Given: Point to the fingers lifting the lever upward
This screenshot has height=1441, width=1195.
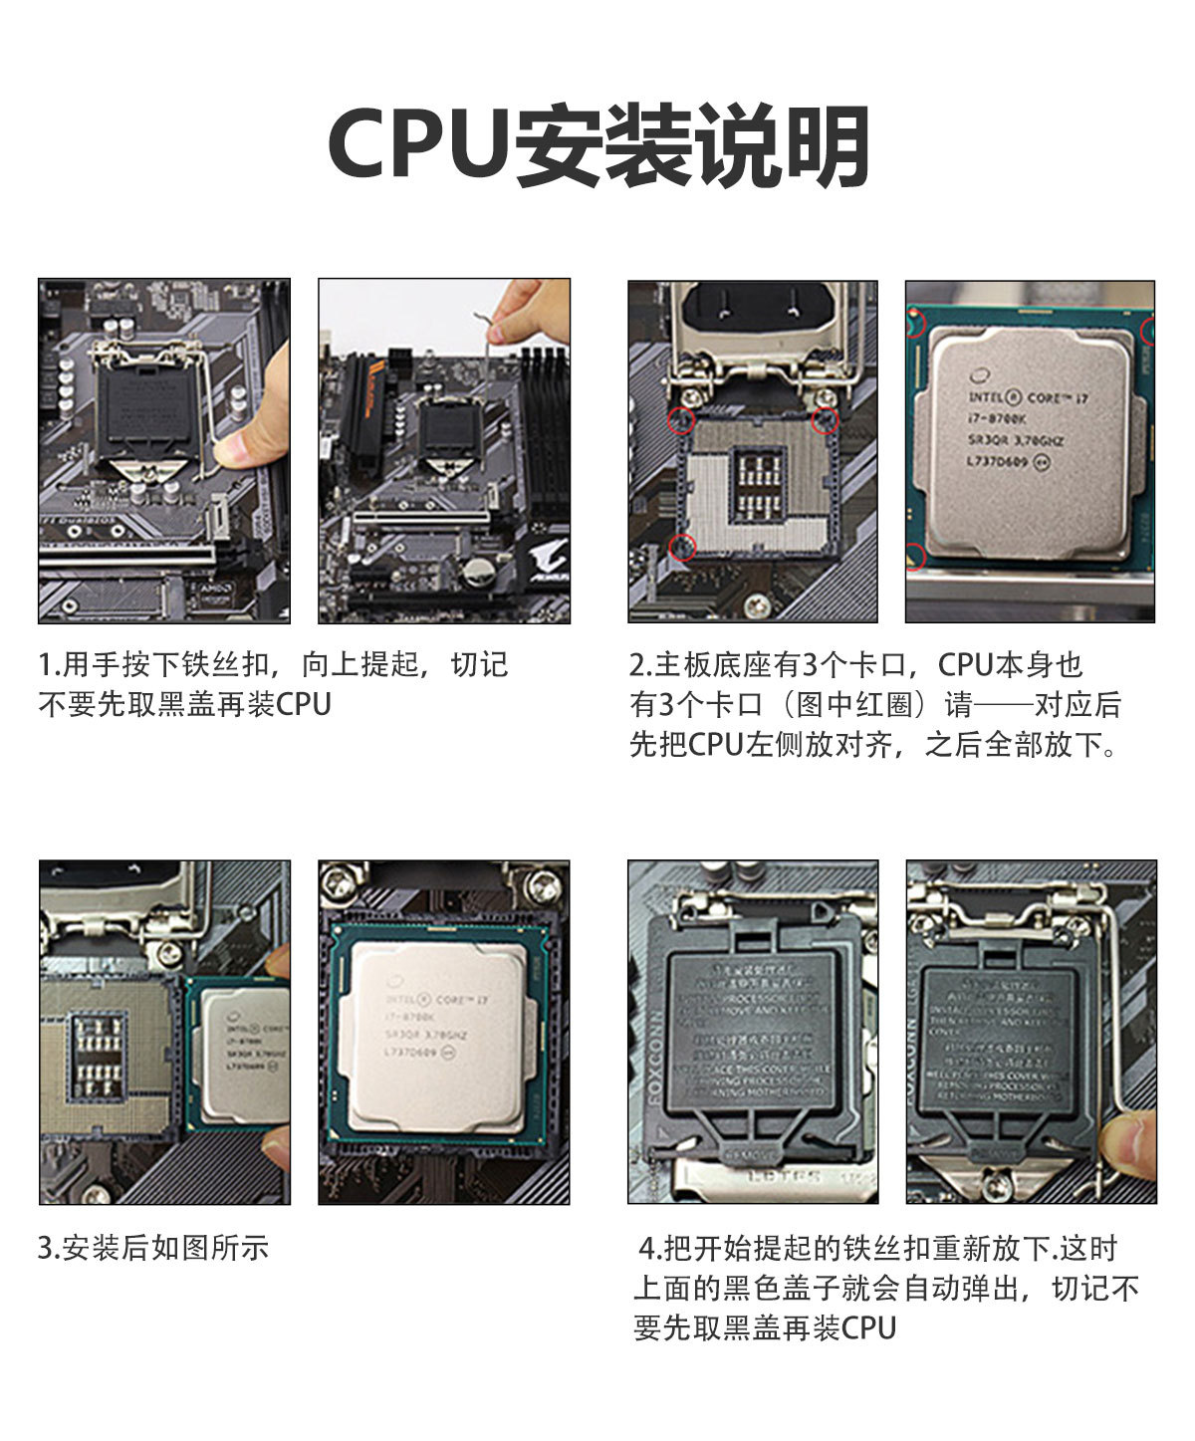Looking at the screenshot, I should (528, 309).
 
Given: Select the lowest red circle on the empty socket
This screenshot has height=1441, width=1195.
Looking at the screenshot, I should (684, 546).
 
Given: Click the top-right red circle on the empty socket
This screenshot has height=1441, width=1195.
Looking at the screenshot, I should (825, 420).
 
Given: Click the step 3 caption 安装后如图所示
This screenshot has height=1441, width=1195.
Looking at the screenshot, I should (153, 1248).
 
